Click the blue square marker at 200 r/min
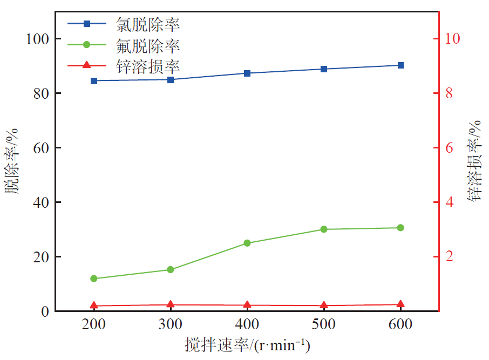94,81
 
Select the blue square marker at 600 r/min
400,65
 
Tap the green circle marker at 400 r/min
247,243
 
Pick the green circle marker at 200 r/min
94,279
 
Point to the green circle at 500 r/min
324,229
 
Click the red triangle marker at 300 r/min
171,305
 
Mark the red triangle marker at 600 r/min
400,305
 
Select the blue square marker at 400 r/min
247,73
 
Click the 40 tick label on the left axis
41,202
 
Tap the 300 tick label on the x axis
171,324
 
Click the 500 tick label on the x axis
324,324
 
